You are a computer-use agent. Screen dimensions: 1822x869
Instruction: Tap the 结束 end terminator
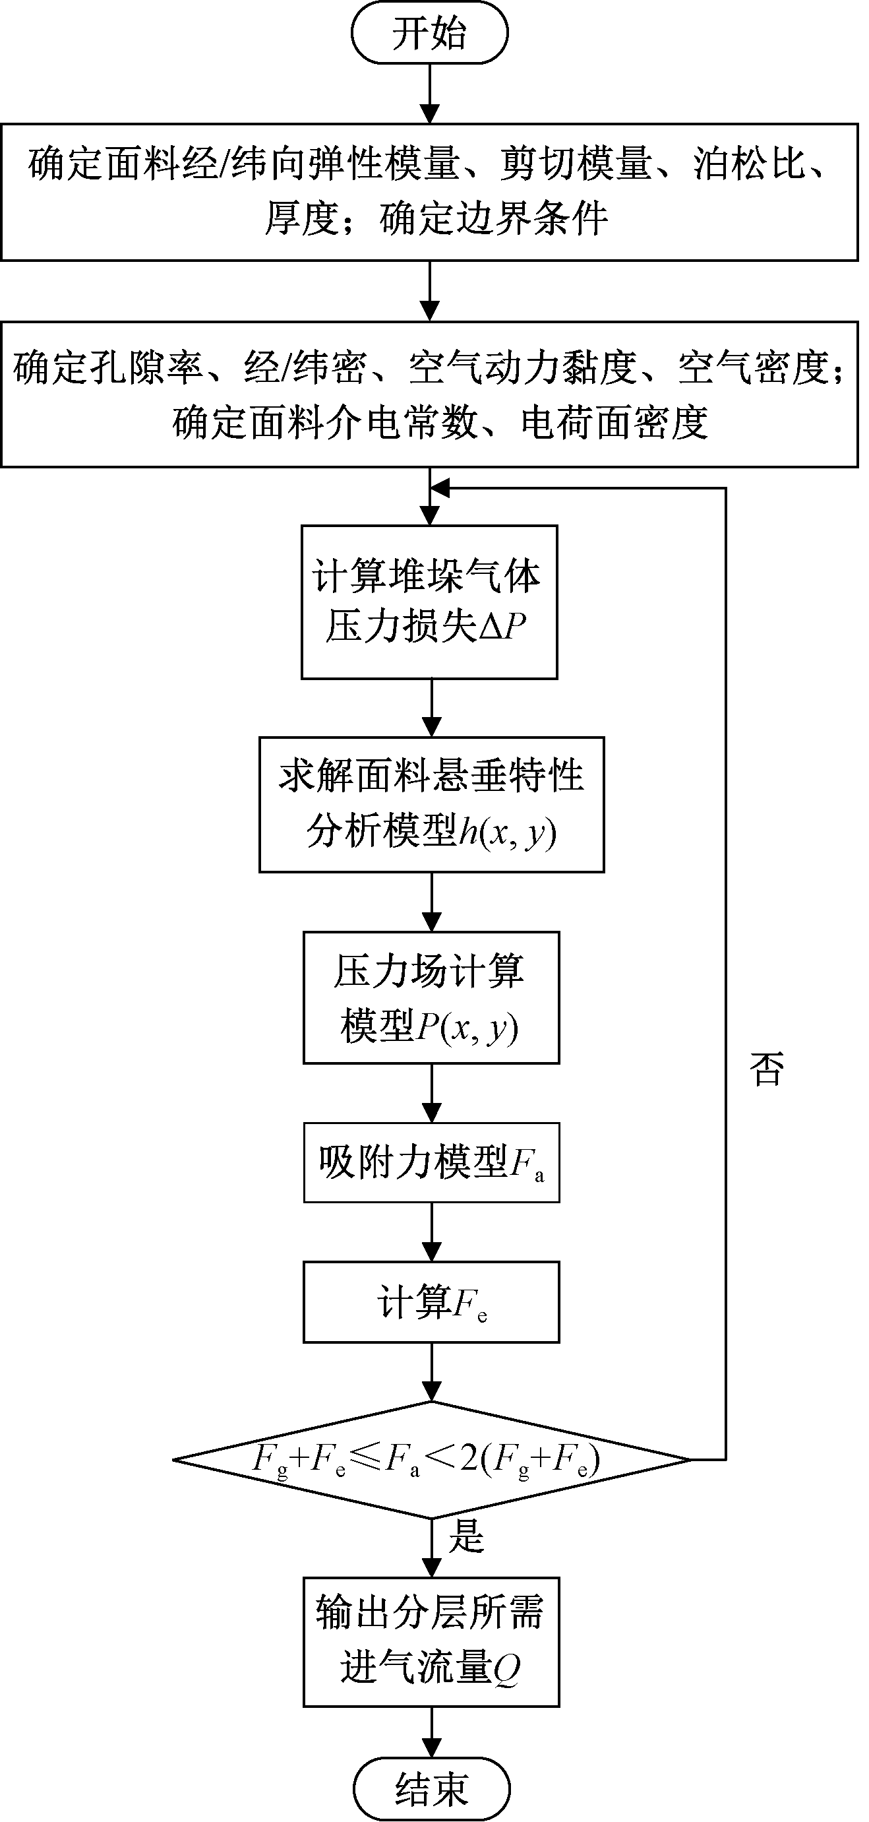click(x=431, y=1789)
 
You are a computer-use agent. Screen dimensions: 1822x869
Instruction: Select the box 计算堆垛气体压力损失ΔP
click(x=429, y=602)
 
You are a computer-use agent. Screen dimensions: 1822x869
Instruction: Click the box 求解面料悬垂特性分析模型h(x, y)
click(x=431, y=804)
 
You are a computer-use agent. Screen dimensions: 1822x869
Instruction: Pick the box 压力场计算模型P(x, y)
click(x=431, y=997)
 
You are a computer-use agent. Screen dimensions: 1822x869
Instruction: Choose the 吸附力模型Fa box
click(x=431, y=1162)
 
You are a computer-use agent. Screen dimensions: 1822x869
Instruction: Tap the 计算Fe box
click(x=431, y=1302)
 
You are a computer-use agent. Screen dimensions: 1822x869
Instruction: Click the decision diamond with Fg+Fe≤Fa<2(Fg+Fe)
click(x=431, y=1459)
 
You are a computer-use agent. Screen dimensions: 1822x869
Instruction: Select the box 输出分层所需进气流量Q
click(x=431, y=1641)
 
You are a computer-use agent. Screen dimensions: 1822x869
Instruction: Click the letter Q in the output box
click(x=506, y=1668)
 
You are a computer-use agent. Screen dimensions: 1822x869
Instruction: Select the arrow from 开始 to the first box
click(x=430, y=94)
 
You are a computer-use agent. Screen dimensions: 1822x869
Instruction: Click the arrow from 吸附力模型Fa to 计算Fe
click(x=431, y=1232)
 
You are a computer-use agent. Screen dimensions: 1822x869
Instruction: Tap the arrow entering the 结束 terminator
click(x=431, y=1732)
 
